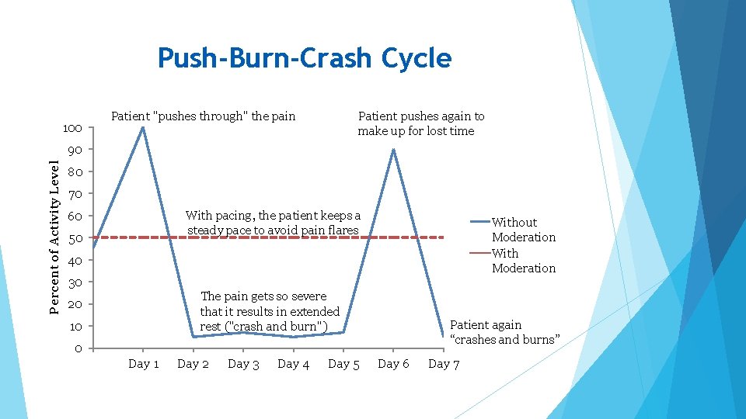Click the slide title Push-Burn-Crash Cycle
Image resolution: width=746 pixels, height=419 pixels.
pyautogui.click(x=304, y=58)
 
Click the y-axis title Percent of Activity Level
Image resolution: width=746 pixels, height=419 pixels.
pyautogui.click(x=54, y=237)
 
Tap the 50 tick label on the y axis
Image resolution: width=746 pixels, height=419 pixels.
pyautogui.click(x=75, y=238)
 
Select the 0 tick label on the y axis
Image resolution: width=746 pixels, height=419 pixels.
pyautogui.click(x=78, y=348)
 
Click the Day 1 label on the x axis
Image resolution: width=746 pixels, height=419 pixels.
pyautogui.click(x=144, y=364)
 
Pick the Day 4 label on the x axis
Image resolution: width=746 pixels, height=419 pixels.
pyautogui.click(x=293, y=364)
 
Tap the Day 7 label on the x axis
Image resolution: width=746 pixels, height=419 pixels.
pyautogui.click(x=444, y=364)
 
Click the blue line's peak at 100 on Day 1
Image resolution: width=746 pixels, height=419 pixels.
pyautogui.click(x=143, y=127)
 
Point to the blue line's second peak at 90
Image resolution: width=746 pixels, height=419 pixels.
pyautogui.click(x=393, y=150)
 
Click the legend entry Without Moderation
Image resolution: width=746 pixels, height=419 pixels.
pyautogui.click(x=523, y=230)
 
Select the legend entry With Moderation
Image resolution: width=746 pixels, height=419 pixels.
pyautogui.click(x=523, y=261)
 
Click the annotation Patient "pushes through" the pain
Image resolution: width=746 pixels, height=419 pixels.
pyautogui.click(x=204, y=116)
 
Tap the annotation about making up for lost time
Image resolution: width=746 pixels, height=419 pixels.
pyautogui.click(x=420, y=123)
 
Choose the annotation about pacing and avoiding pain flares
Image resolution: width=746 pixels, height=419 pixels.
pyautogui.click(x=273, y=223)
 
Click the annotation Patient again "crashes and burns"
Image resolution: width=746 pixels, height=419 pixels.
pyautogui.click(x=504, y=332)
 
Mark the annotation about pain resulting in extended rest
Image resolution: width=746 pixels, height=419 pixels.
pyautogui.click(x=269, y=311)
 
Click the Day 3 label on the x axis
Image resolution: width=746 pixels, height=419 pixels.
pyautogui.click(x=243, y=364)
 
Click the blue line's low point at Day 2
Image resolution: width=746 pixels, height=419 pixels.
pyautogui.click(x=193, y=337)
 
